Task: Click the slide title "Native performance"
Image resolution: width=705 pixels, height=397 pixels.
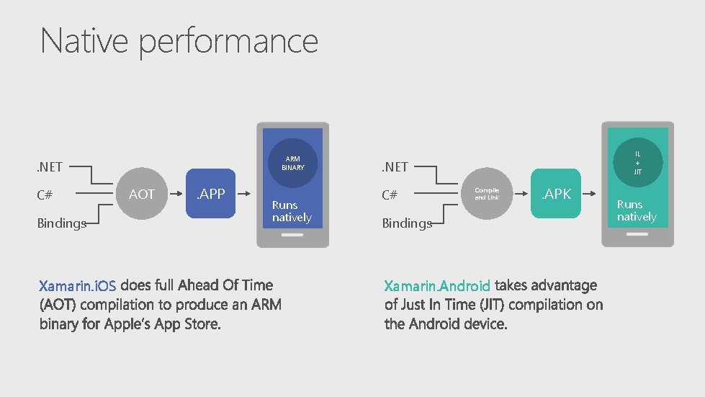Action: tap(179, 41)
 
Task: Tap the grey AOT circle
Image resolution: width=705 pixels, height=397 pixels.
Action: tap(142, 194)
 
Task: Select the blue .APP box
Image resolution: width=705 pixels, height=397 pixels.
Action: tap(211, 194)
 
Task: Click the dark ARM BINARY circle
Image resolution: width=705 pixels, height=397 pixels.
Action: tap(292, 163)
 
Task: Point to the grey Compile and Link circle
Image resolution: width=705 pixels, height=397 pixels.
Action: tap(486, 194)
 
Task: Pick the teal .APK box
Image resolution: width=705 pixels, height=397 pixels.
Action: tap(556, 194)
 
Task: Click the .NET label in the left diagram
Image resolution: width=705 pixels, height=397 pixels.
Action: tap(50, 167)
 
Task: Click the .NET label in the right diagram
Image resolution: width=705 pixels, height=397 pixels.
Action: tap(395, 167)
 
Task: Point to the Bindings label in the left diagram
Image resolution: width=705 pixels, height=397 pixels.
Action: tap(61, 223)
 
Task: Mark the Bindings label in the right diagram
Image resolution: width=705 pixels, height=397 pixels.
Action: tap(407, 223)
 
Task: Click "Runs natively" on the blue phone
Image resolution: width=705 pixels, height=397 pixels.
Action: tap(292, 211)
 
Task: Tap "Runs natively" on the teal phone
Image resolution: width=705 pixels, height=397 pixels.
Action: tap(637, 210)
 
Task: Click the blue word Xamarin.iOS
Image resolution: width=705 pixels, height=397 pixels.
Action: tap(77, 286)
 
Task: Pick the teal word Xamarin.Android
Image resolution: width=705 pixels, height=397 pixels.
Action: tap(437, 286)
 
